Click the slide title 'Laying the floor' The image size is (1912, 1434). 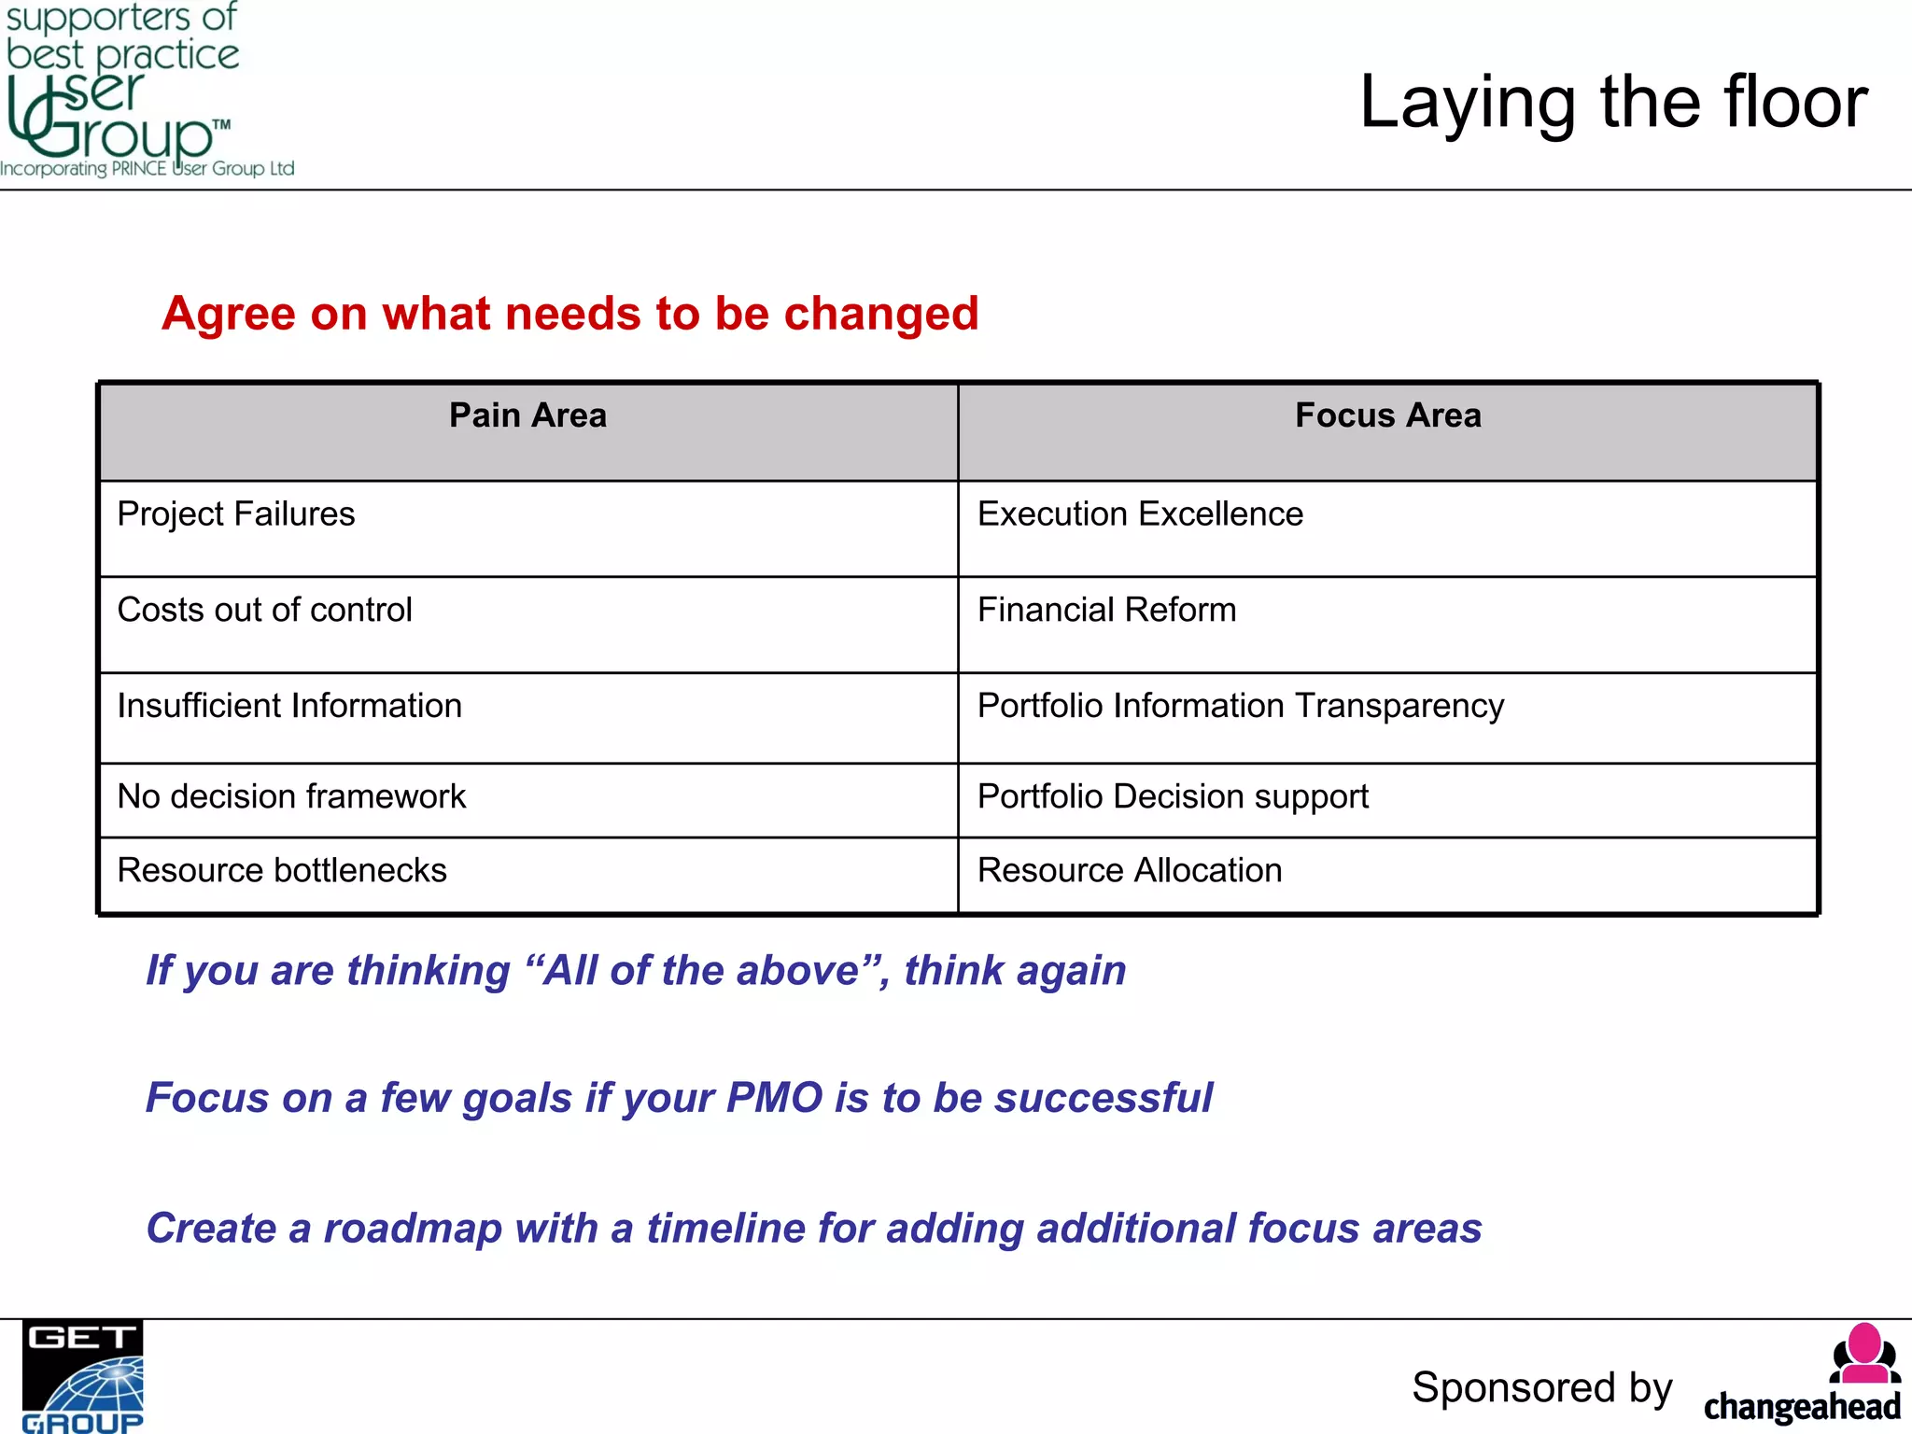1612,103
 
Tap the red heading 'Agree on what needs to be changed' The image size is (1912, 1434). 569,314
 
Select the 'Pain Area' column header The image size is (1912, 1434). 527,415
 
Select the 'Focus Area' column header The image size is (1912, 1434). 1387,415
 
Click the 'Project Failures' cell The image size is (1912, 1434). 236,514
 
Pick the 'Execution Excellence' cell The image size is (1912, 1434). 1140,514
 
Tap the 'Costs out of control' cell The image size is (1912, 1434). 264,610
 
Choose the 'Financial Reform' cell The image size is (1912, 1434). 1106,610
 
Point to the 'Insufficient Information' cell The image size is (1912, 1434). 289,706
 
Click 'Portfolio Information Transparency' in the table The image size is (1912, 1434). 1240,706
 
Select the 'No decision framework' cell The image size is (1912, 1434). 291,796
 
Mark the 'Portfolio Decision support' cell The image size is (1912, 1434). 1173,796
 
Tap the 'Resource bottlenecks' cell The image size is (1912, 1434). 282,870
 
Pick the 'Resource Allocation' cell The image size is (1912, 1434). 1130,870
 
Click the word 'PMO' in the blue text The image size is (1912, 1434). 774,1098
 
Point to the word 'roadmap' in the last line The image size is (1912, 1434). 413,1229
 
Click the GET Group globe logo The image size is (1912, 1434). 83,1377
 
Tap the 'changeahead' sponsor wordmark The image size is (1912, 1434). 1802,1406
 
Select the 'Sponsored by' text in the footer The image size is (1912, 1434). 1541,1387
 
